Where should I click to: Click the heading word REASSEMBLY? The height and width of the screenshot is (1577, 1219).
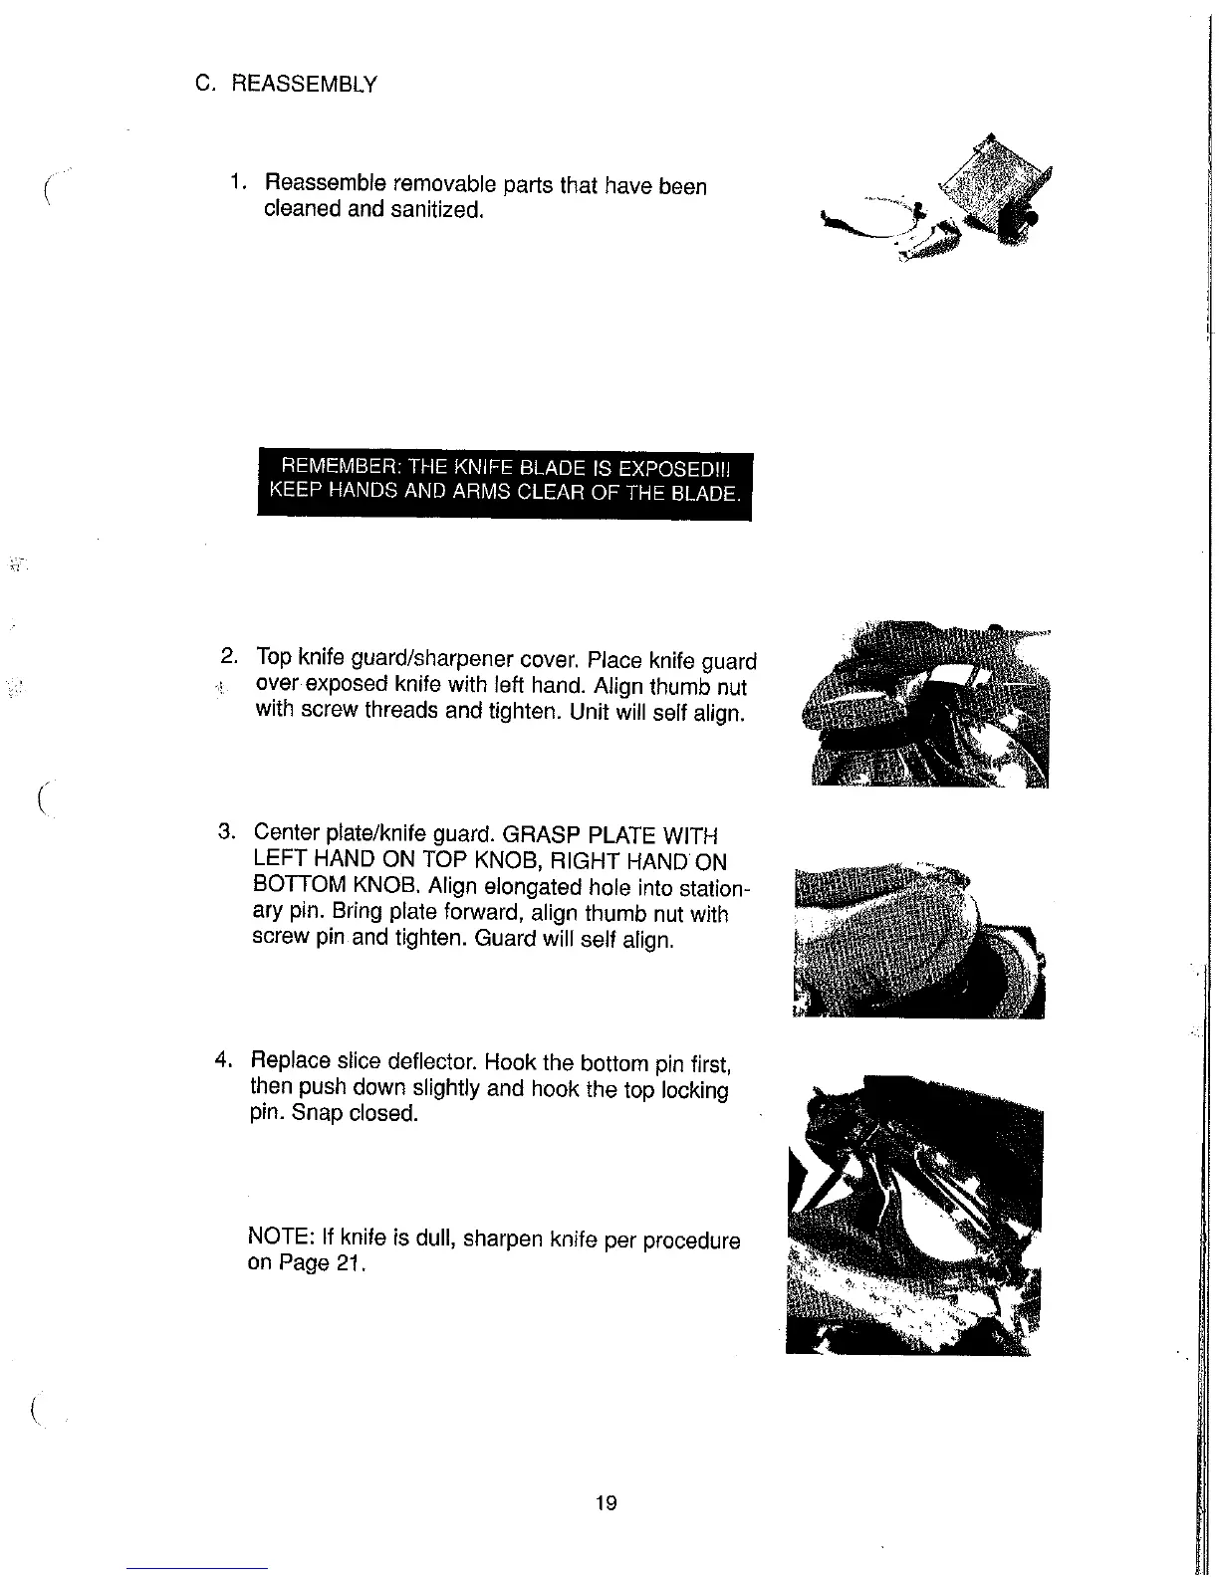pyautogui.click(x=305, y=85)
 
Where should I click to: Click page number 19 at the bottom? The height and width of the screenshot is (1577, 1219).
pyautogui.click(x=606, y=1502)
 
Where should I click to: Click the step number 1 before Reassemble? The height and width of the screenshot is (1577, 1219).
pyautogui.click(x=234, y=184)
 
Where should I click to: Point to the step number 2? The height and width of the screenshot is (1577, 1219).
pyautogui.click(x=228, y=656)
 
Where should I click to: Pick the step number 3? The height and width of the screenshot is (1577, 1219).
pyautogui.click(x=226, y=831)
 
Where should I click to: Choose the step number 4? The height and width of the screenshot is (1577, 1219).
pyautogui.click(x=224, y=1057)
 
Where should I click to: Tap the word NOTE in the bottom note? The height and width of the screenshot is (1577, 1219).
pyautogui.click(x=278, y=1238)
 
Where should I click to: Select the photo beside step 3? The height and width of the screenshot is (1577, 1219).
pyautogui.click(x=918, y=939)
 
